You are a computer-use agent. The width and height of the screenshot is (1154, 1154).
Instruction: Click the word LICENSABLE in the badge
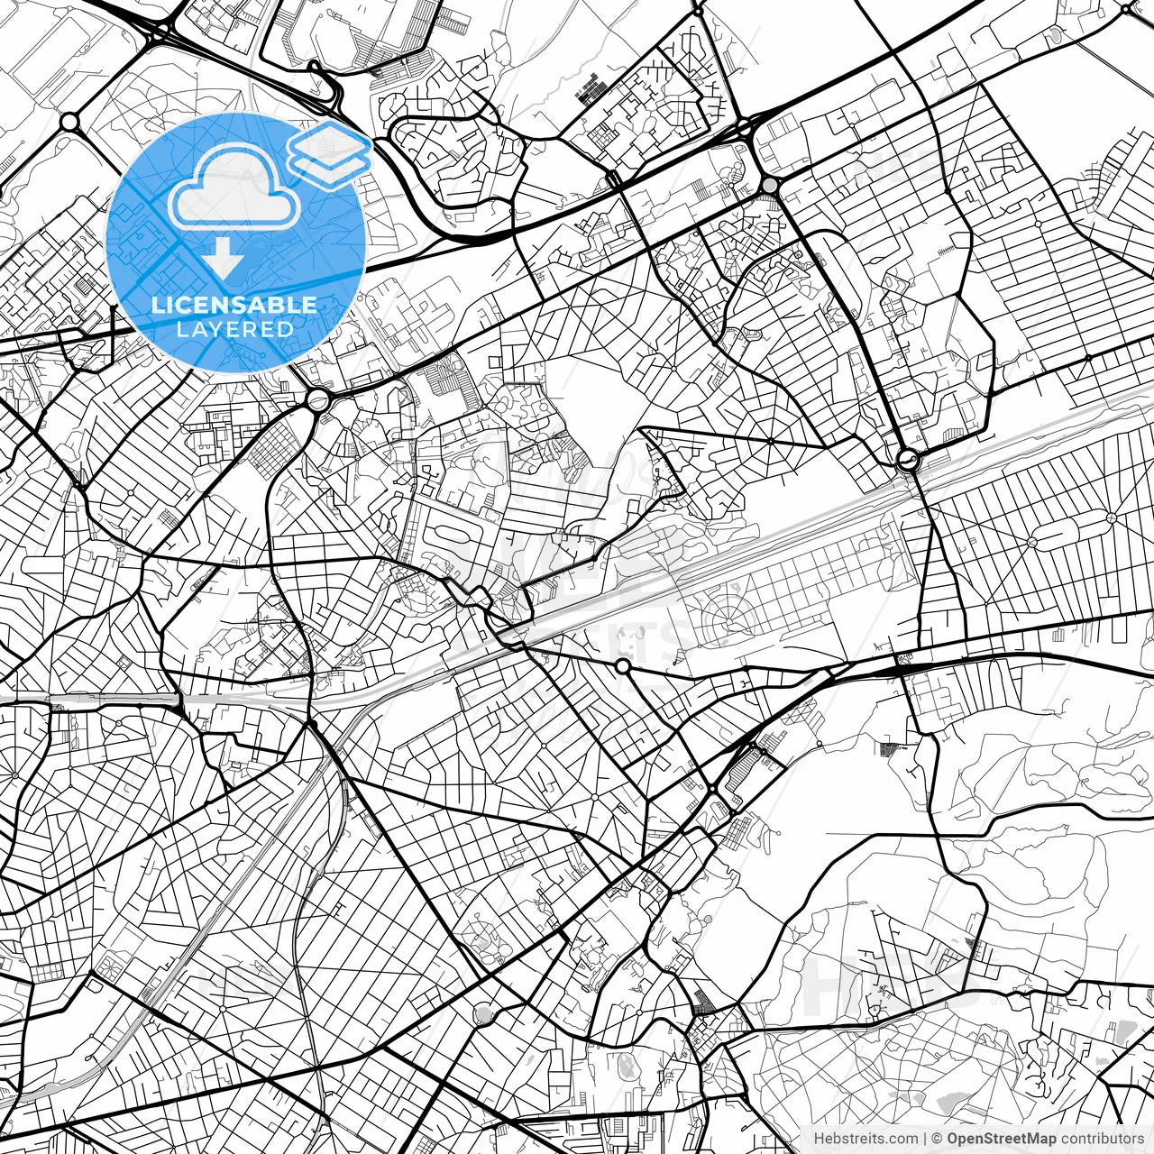pos(234,305)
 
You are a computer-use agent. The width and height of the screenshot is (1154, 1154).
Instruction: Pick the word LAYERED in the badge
pos(234,330)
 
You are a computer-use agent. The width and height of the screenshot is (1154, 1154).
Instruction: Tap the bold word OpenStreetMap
pos(1000,1139)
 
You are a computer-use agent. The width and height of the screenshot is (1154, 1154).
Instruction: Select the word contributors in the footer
pos(1101,1139)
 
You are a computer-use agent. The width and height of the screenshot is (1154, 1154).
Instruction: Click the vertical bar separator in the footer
pos(925,1139)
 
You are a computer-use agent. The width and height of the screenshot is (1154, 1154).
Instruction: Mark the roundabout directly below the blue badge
pos(317,399)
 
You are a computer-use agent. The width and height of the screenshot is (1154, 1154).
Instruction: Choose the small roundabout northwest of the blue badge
pos(69,120)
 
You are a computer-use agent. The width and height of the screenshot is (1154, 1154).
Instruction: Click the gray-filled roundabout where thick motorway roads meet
pos(769,185)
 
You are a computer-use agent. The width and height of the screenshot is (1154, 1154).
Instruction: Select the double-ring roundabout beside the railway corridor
pos(908,462)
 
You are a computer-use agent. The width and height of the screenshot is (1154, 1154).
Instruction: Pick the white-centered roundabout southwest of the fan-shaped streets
pos(622,666)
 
